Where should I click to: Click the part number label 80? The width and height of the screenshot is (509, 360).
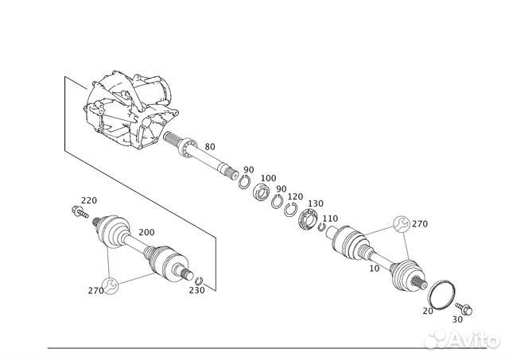(210, 147)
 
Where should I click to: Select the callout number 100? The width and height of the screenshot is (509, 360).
(269, 178)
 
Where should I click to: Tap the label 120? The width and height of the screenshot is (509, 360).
(295, 196)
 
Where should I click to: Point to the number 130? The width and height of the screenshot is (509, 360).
(316, 203)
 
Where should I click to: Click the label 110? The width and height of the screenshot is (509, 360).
(330, 219)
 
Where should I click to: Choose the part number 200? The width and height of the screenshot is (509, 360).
(146, 232)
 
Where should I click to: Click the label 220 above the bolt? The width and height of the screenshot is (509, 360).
(89, 200)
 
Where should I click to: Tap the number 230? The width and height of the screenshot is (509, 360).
(197, 290)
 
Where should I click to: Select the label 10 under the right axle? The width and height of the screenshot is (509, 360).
(375, 269)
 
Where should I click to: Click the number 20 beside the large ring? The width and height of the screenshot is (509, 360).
(428, 311)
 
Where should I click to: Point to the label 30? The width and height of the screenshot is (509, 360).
(457, 319)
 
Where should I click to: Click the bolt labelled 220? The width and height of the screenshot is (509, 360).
(80, 211)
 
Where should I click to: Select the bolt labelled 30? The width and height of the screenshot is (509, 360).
(464, 309)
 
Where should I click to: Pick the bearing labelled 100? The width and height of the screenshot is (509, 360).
(262, 192)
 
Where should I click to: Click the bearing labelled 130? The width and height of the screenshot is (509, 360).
(308, 219)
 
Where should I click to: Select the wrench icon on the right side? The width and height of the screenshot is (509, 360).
(401, 224)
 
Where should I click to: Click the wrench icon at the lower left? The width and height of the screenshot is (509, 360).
(110, 286)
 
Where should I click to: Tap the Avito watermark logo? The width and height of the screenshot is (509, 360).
(462, 340)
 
